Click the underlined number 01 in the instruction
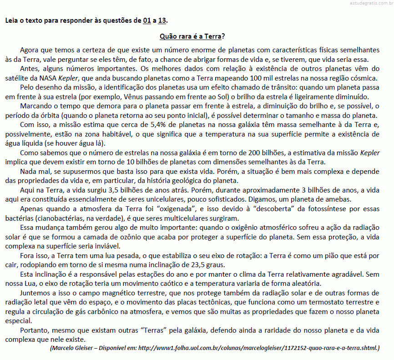click(147, 20)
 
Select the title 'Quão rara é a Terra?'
click(193, 36)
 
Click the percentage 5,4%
click(143, 126)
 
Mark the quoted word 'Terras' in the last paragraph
click(145, 331)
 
